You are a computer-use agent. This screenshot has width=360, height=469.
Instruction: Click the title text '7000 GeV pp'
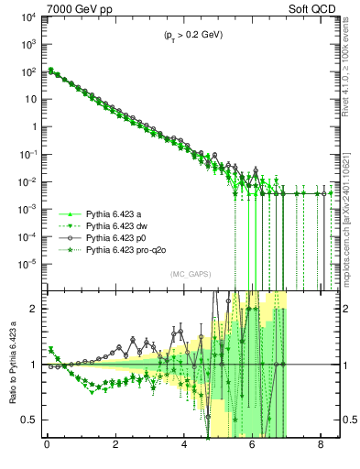coord(76,8)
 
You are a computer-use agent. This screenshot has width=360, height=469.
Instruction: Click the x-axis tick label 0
coord(47,448)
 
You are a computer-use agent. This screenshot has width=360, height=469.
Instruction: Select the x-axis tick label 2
coord(115,448)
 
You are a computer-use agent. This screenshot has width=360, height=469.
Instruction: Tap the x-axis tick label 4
coord(184,448)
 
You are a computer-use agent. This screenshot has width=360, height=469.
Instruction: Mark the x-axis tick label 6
coord(253,448)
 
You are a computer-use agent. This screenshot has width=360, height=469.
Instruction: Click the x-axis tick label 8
coord(321,448)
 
